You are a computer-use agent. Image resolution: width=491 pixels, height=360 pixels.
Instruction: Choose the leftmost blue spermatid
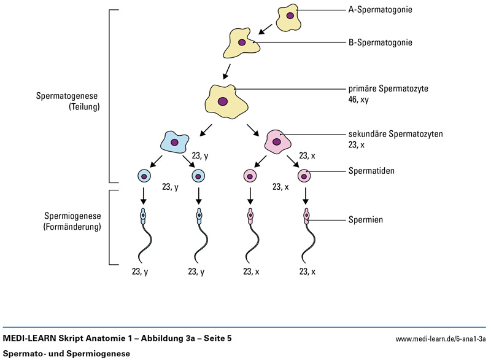[144, 176]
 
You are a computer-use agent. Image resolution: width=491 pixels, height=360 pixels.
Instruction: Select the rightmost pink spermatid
[305, 176]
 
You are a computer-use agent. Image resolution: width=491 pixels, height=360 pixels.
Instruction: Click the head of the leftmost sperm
[143, 215]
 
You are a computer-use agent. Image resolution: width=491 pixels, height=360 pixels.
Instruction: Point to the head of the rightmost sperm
[306, 215]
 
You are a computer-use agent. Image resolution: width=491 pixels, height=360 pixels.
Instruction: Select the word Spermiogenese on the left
[72, 216]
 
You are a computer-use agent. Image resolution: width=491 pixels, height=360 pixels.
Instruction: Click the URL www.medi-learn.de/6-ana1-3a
[441, 338]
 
